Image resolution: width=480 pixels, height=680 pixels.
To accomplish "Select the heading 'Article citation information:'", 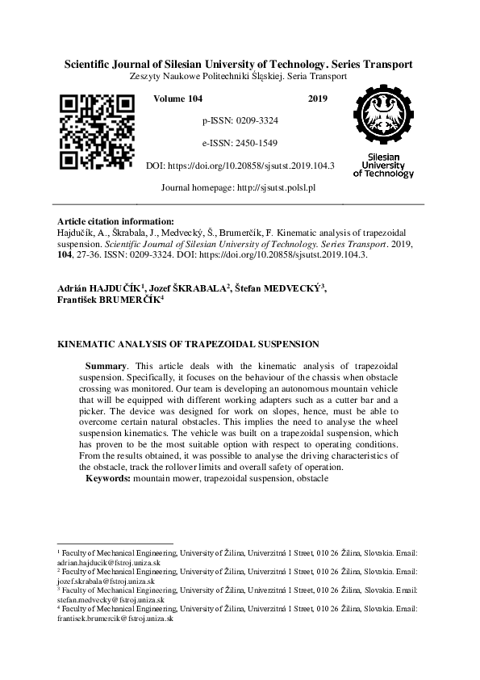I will click(115, 221).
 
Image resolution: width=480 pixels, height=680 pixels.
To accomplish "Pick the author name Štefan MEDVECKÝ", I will click(279, 288).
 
